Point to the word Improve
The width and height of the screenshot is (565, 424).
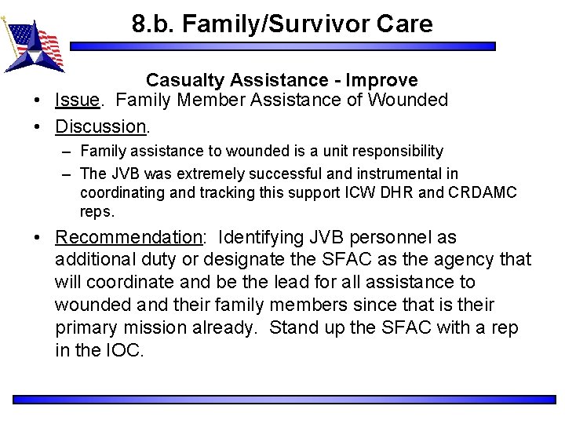pos(381,80)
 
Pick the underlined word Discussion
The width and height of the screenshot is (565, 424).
pos(100,126)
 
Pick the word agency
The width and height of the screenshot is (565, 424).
pos(459,259)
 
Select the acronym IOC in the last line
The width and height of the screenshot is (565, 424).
pos(124,350)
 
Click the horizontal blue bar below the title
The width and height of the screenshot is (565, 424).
pos(282,46)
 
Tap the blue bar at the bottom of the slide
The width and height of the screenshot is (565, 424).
pos(282,400)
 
